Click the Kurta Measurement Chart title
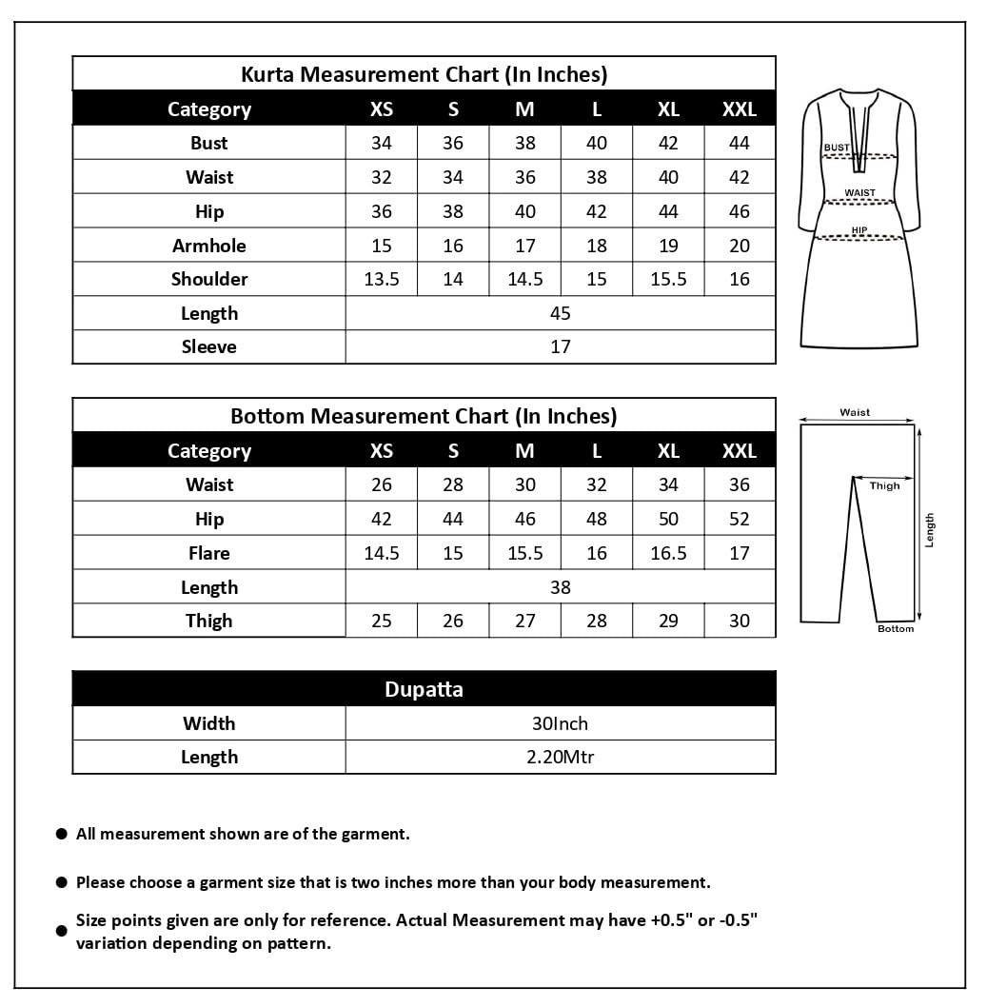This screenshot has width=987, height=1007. [424, 74]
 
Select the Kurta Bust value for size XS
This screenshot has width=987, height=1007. [381, 143]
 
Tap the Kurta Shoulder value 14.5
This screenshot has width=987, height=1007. [524, 279]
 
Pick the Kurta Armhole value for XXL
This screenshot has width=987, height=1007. [740, 246]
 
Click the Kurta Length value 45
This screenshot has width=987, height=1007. [560, 313]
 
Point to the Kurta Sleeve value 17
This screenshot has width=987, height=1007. [560, 346]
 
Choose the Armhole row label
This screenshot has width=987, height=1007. [208, 246]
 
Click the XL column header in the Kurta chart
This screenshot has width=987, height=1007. [668, 109]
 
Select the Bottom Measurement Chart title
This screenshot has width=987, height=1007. [424, 416]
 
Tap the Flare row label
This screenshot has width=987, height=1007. [208, 553]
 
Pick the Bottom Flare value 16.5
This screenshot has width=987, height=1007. [668, 553]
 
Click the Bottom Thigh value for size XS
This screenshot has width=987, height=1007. [381, 621]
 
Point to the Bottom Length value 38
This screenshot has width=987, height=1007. [560, 587]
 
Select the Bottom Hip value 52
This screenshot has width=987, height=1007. [740, 519]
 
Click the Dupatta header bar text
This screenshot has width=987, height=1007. [424, 689]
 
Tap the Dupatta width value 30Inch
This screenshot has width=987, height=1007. [560, 723]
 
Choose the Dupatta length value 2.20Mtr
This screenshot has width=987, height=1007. [560, 757]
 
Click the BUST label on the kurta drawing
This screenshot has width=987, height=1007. [837, 148]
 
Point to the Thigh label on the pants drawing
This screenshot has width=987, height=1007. [884, 485]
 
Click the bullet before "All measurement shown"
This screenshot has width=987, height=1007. [61, 834]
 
